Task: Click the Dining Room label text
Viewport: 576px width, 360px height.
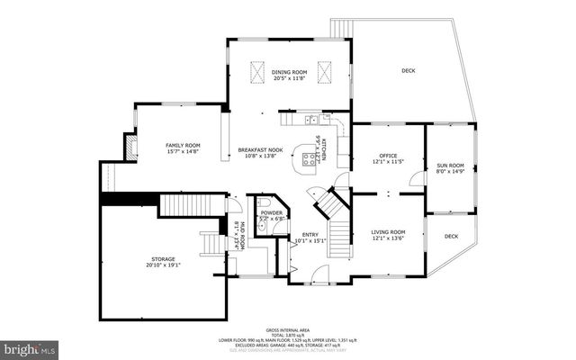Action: (290, 72)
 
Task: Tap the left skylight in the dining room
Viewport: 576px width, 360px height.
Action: (257, 71)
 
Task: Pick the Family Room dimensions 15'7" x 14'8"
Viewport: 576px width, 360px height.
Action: (182, 152)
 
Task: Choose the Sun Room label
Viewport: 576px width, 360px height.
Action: (450, 166)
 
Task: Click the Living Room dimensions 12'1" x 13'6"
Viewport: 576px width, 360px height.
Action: (388, 239)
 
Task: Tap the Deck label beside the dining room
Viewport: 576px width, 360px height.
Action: (408, 71)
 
